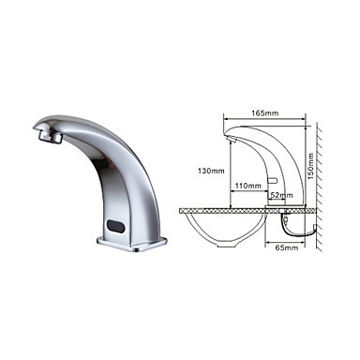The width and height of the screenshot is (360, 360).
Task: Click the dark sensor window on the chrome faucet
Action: point(116,226)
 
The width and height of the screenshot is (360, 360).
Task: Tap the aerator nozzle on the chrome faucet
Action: point(50,136)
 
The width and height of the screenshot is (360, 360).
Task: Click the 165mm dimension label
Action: point(265,112)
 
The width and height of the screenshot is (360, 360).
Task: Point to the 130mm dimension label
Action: point(211,171)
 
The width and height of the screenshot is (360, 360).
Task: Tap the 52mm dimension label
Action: point(281,195)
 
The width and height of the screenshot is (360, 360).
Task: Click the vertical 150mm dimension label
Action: point(310,166)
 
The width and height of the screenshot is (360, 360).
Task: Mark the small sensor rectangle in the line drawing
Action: point(273,180)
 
